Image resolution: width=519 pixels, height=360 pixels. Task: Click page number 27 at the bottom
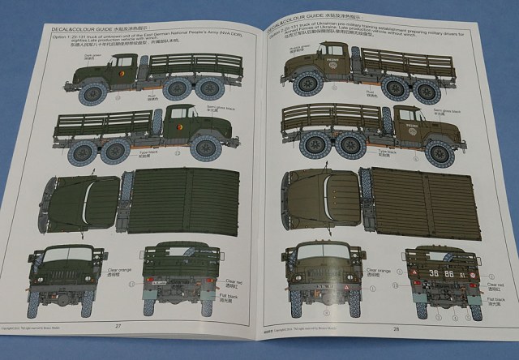click(118, 325)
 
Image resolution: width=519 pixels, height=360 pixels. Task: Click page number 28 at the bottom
click(396, 328)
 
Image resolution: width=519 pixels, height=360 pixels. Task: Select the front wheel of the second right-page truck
click(440, 151)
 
